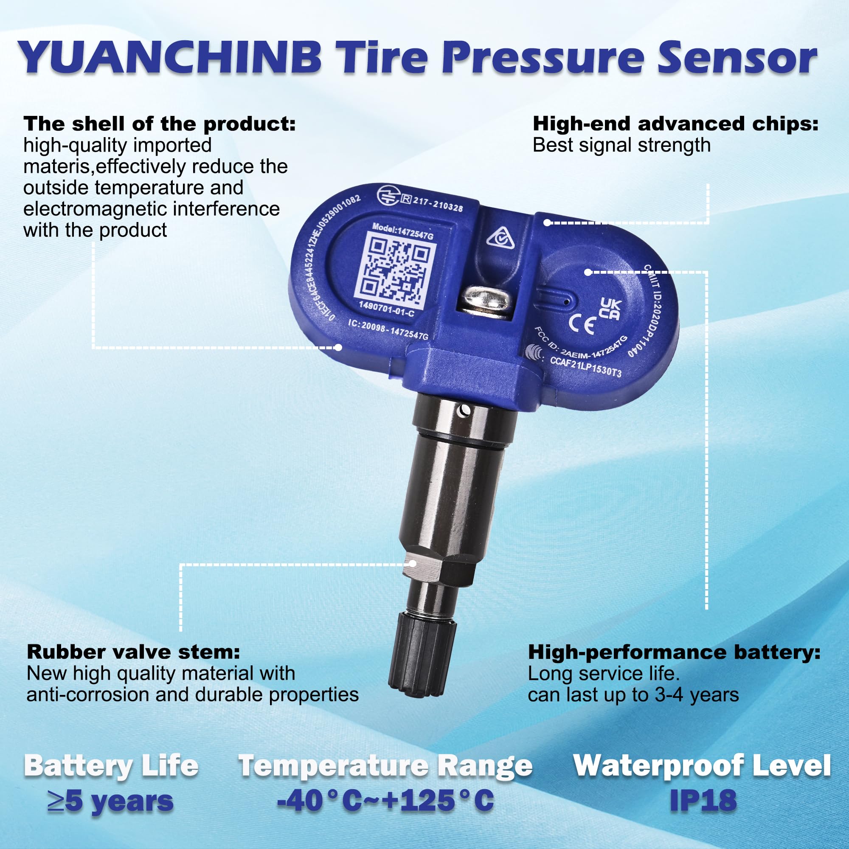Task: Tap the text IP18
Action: pos(703,800)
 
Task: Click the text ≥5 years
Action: pos(111,801)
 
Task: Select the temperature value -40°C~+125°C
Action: pos(385,800)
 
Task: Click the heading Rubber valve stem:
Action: pos(134,652)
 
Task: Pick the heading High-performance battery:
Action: pos(674,652)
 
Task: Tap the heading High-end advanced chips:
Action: pos(675,124)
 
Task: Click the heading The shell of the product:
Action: pos(160,124)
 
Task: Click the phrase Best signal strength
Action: pos(621,146)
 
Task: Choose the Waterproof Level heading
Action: pos(702,765)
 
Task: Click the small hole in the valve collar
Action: pos(464,411)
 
